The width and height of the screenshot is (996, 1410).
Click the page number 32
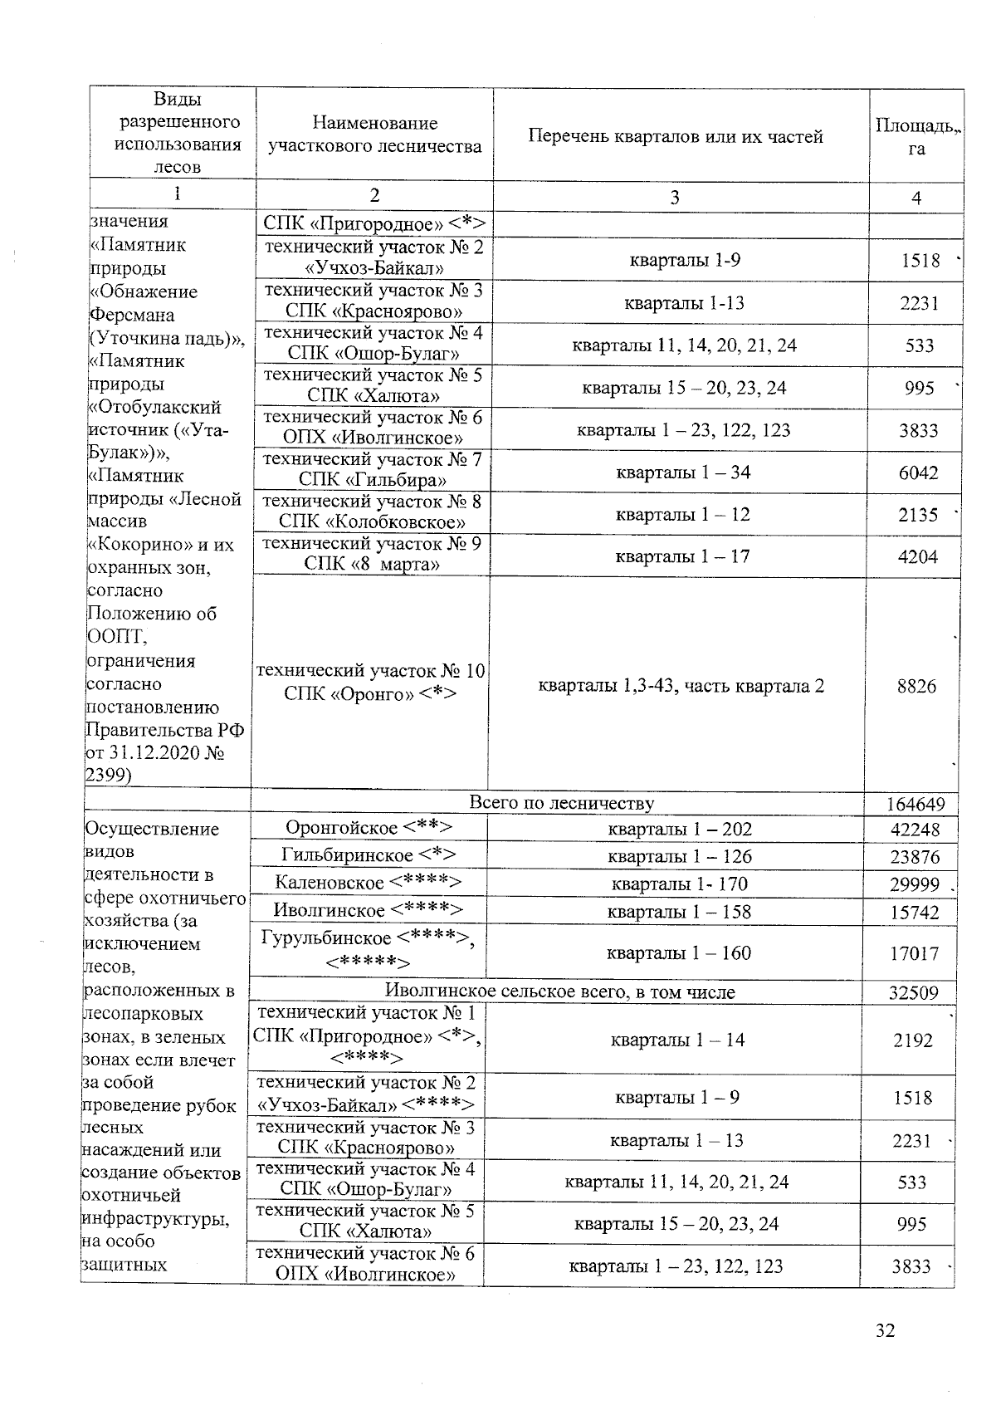pos(886,1331)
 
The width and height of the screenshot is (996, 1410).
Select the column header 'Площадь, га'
pos(916,136)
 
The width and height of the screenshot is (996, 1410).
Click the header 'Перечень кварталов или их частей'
pos(676,136)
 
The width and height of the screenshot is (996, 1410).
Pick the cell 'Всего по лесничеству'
pos(562,803)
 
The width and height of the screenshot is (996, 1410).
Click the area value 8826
pos(916,686)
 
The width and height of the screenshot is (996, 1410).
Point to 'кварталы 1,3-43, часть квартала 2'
pos(681,686)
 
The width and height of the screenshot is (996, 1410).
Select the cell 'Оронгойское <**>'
pos(369,828)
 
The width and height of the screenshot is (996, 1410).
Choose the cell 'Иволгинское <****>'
pos(369,910)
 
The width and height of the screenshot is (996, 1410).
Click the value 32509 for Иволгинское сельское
pos(913,992)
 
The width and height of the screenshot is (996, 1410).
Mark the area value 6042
pos(918,472)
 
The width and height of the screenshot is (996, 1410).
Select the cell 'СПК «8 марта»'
pos(372,565)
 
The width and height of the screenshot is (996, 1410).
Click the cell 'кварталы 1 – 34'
pos(682,472)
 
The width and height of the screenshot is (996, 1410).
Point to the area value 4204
pos(918,556)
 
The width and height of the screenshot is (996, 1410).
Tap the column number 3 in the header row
pos(675,197)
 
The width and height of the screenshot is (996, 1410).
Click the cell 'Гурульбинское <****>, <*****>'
pos(368,950)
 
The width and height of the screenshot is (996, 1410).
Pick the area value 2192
pos(913,1040)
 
